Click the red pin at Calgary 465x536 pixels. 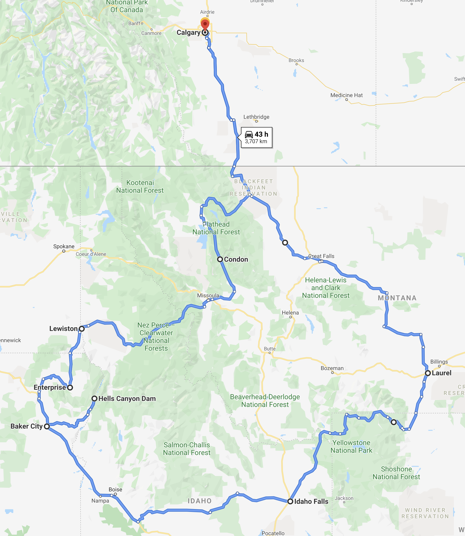[x=205, y=25]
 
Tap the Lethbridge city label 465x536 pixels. [x=256, y=117]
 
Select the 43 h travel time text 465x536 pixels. [x=261, y=134]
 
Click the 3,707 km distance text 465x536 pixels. [x=256, y=141]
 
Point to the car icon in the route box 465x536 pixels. [x=249, y=134]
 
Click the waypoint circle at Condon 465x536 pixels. [x=220, y=259]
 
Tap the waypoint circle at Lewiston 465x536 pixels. [x=82, y=329]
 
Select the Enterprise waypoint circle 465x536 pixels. [x=70, y=387]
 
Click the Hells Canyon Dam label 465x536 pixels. [x=127, y=399]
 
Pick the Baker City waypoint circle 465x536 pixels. [x=47, y=426]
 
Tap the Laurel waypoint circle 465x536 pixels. [x=428, y=373]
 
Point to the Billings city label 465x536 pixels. [x=439, y=362]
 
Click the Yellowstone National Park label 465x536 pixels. [x=351, y=446]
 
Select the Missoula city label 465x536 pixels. [x=208, y=296]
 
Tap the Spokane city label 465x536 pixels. [x=64, y=246]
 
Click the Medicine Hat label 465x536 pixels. [x=346, y=95]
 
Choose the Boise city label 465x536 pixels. [x=115, y=489]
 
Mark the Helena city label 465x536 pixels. [x=290, y=313]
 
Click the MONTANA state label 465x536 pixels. [x=397, y=298]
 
